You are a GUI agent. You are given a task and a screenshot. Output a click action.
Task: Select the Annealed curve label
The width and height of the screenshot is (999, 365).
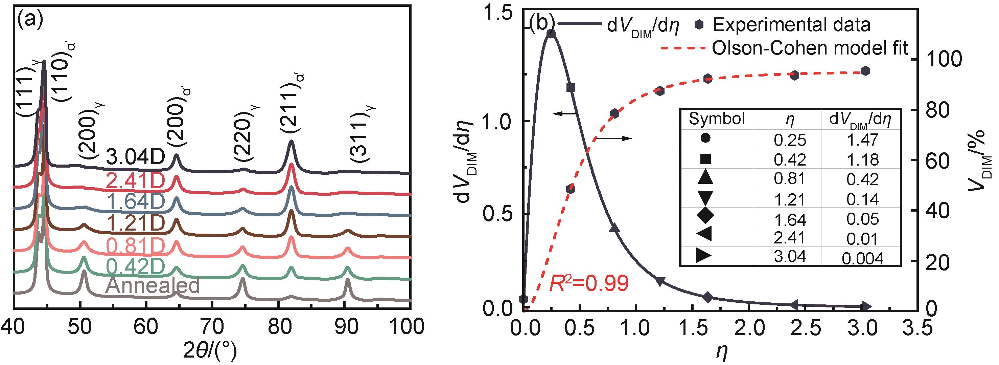point(153,285)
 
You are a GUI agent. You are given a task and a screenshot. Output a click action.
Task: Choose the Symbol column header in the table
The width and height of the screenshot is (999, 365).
point(717,119)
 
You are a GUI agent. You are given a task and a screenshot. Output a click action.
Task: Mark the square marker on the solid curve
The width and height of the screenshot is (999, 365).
point(570,88)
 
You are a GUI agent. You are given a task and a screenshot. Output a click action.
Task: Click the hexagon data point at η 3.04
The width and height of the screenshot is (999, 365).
point(866,71)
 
